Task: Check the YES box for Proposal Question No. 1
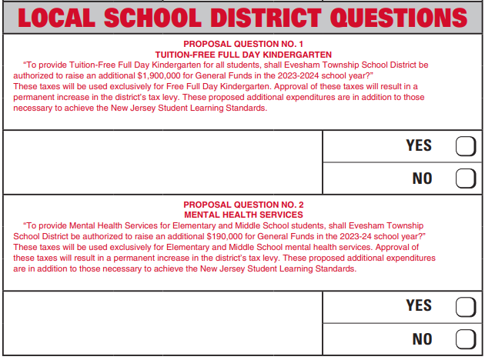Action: (x=465, y=146)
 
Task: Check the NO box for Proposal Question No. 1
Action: (x=465, y=178)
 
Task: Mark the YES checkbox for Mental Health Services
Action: (x=465, y=307)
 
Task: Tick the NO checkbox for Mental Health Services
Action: (x=465, y=338)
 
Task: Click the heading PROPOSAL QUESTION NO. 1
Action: (x=243, y=45)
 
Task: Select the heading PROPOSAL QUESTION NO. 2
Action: (x=243, y=205)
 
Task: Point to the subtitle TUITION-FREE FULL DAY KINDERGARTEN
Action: (x=243, y=55)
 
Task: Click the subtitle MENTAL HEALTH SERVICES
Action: (x=243, y=215)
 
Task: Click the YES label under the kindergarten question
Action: (x=419, y=146)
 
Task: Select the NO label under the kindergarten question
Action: (x=423, y=178)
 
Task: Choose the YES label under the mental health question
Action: (x=419, y=306)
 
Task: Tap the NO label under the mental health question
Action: (x=423, y=338)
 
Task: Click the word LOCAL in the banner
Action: (x=55, y=18)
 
